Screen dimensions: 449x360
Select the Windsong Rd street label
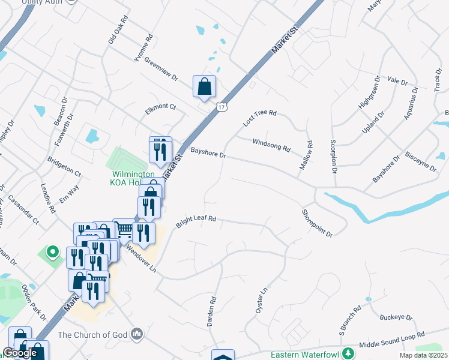[x=271, y=144]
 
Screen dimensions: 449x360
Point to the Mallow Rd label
[x=310, y=154]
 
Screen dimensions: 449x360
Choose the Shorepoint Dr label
[x=317, y=223]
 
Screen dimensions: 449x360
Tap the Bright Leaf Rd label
[x=195, y=222]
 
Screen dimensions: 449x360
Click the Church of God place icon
[x=137, y=333]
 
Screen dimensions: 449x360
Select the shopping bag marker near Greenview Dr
[x=204, y=86]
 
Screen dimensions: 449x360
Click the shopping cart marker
[x=124, y=229]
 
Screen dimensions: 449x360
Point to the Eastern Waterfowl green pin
[x=346, y=353]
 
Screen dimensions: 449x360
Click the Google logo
[x=19, y=353]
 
